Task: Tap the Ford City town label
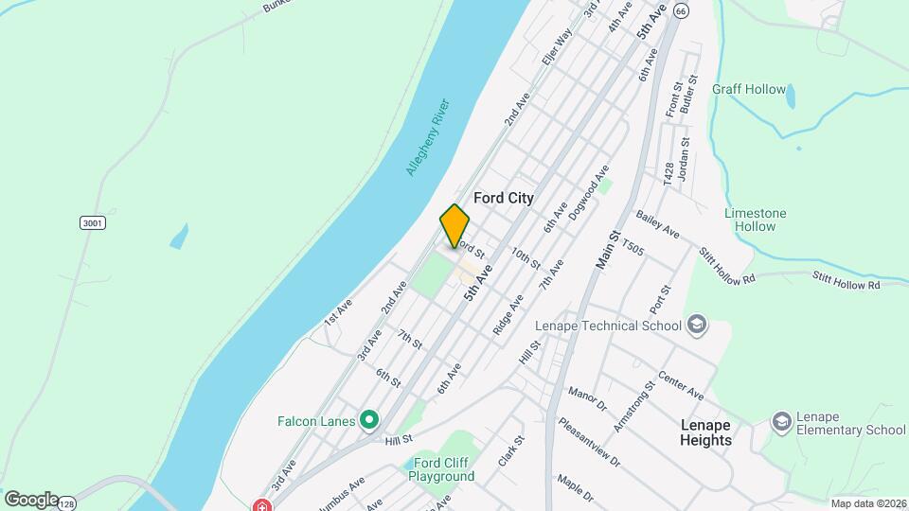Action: pos(503,199)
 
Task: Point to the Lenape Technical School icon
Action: pos(698,326)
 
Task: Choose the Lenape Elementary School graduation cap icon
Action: pos(781,420)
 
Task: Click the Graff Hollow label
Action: pos(749,90)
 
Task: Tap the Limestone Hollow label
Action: pos(756,220)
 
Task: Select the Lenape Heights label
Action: pos(705,432)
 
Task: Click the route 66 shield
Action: pos(683,9)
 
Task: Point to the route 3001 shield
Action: pos(91,222)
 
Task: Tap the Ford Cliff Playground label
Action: pos(441,469)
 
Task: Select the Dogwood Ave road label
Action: pos(589,186)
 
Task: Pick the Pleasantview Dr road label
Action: pos(588,442)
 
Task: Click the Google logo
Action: pos(30,500)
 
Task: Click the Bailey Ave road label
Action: pos(658,225)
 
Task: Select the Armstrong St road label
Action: pos(633,407)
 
